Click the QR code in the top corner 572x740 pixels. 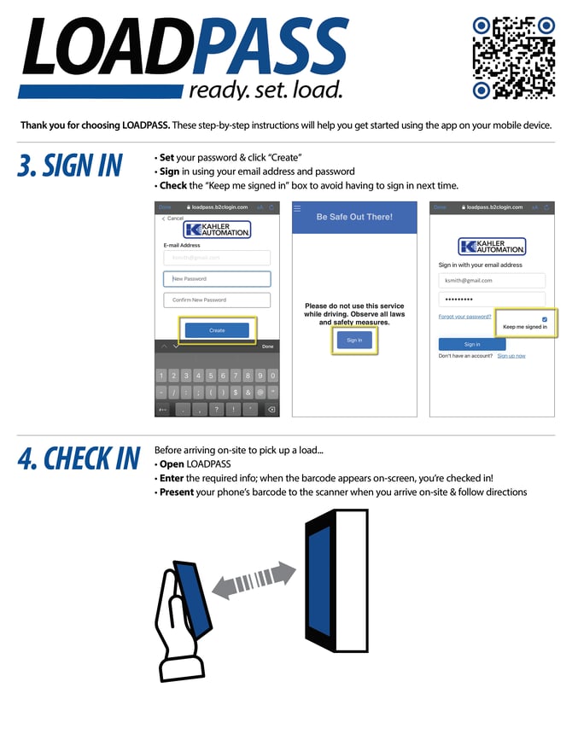coord(513,57)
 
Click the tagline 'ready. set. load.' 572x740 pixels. coord(266,90)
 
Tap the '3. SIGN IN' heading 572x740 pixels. coord(70,166)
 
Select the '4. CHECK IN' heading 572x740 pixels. coord(79,458)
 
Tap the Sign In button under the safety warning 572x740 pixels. coord(353,340)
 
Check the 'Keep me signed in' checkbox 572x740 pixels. coord(545,319)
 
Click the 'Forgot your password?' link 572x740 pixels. coord(464,317)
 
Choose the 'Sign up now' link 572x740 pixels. coord(511,356)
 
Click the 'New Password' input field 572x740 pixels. coord(217,279)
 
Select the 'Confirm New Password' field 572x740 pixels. coord(217,300)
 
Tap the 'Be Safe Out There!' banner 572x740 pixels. coord(354,217)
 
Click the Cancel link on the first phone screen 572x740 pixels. coord(173,219)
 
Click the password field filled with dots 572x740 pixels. coord(491,300)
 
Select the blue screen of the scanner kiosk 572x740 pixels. coord(318,586)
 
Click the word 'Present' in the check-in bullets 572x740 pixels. coord(176,492)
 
